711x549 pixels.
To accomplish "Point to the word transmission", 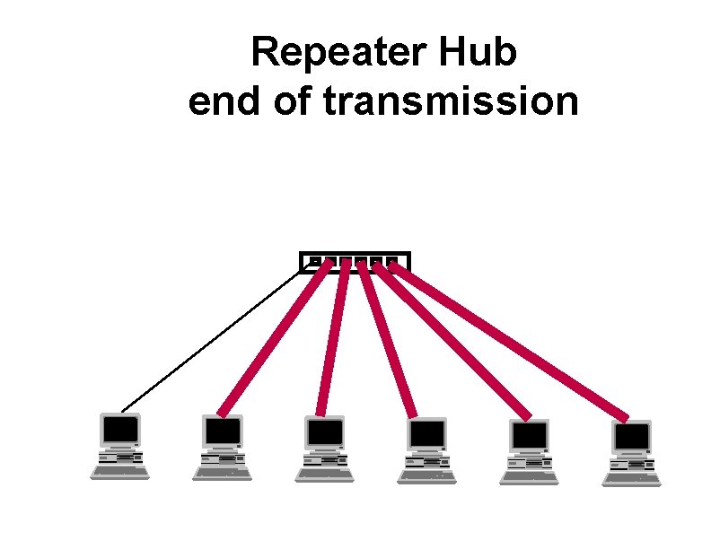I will [x=450, y=101].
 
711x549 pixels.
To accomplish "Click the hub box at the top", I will [x=354, y=261].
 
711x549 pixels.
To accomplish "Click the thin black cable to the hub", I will [x=211, y=341].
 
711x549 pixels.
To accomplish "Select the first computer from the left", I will [x=120, y=446].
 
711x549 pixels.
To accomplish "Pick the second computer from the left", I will [x=223, y=447].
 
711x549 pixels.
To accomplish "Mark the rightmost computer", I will [x=632, y=454].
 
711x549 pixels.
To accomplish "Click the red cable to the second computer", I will [x=274, y=336].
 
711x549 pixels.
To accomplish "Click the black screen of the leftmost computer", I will [x=120, y=431].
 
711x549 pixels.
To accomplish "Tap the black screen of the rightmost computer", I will [x=632, y=438].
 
